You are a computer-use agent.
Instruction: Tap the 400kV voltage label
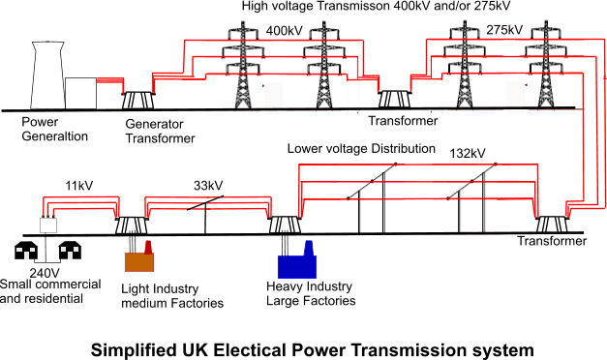(284, 30)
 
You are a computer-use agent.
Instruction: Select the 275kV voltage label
(504, 30)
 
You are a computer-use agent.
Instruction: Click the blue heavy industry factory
(296, 262)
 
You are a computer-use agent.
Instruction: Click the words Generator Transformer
(160, 131)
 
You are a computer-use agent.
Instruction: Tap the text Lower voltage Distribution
(361, 150)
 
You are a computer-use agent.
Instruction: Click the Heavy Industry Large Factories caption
(310, 294)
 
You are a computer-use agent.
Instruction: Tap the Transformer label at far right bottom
(552, 242)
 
